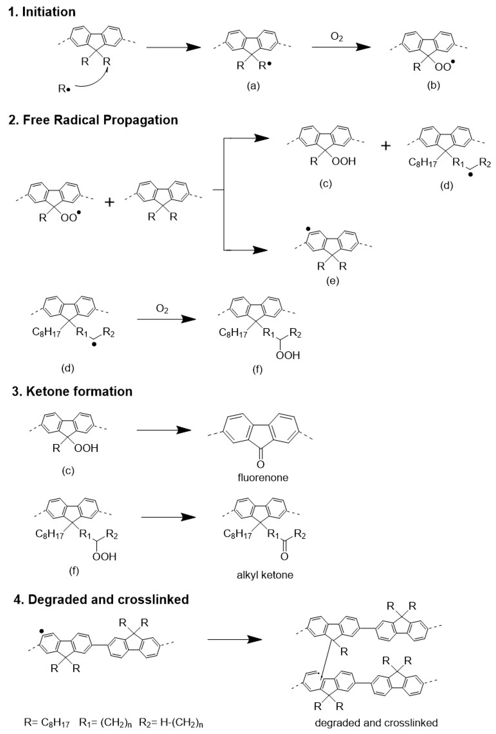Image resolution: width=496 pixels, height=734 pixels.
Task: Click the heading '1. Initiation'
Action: click(42, 12)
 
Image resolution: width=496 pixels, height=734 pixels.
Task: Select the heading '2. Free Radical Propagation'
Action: click(93, 120)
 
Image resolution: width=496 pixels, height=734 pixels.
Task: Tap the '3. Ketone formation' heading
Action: click(72, 391)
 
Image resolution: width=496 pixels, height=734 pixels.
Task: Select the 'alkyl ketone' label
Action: click(265, 575)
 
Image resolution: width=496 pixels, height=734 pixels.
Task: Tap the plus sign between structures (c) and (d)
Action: click(385, 146)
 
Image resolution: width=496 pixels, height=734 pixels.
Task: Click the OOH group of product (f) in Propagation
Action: click(287, 355)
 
